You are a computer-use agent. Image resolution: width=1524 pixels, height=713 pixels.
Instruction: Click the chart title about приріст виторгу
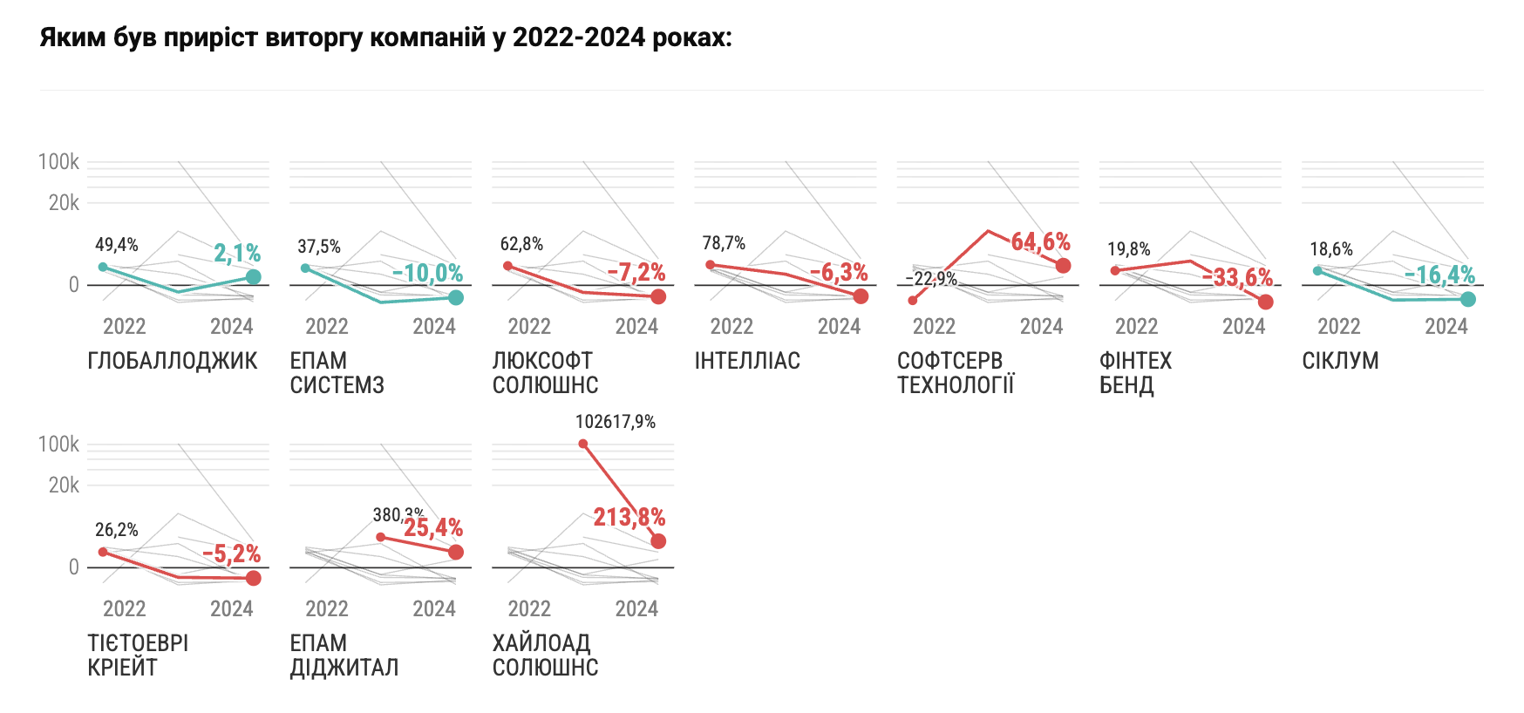tap(385, 38)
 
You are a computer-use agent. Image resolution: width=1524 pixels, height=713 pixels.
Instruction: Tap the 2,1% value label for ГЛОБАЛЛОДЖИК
tap(237, 254)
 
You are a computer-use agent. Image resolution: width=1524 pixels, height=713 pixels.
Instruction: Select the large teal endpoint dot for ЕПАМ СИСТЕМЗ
tap(456, 298)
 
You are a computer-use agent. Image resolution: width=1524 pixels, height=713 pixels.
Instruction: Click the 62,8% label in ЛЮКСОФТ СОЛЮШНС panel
tap(521, 244)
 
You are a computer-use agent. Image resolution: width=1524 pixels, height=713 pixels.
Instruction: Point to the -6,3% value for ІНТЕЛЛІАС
tap(839, 273)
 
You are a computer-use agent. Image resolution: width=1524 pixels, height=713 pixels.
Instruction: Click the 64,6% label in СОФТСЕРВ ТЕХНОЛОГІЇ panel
tap(1040, 241)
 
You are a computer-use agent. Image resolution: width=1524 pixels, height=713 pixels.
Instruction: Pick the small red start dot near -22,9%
tap(913, 301)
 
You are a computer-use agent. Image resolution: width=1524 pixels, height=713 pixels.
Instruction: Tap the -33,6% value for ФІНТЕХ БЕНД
tap(1237, 277)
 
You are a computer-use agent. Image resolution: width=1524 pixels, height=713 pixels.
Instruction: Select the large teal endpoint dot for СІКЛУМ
tap(1468, 299)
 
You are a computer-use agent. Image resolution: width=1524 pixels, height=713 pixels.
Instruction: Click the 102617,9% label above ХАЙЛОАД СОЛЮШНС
tap(616, 422)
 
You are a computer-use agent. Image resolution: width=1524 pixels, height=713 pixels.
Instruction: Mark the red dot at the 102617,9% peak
tap(583, 444)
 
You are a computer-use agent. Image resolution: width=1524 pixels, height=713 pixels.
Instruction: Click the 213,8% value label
tap(629, 518)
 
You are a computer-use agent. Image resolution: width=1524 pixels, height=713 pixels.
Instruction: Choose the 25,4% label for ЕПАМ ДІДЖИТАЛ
tap(433, 527)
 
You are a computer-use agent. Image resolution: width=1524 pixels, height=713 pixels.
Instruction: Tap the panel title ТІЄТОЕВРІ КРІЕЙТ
tap(138, 655)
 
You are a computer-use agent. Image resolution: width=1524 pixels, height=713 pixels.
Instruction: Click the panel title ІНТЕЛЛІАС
tap(747, 361)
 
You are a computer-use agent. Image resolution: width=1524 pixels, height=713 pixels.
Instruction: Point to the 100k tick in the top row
tap(58, 162)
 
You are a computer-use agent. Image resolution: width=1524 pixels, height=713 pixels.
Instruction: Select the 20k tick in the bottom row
tap(64, 486)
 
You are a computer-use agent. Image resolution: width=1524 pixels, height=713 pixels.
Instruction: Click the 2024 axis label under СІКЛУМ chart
tap(1446, 327)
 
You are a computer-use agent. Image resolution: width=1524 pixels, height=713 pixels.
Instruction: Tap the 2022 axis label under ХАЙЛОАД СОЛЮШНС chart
tap(529, 609)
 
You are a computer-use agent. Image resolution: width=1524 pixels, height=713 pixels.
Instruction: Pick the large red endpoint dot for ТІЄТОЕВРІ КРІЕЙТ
tap(254, 578)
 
